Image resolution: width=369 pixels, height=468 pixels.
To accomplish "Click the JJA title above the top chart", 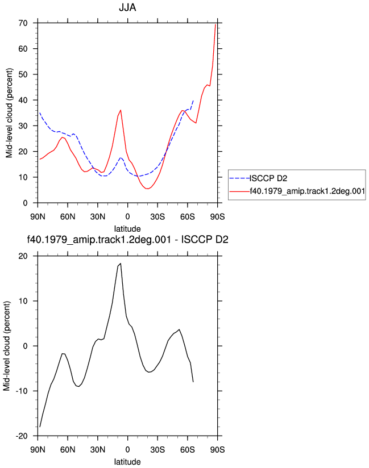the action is [x=127, y=7].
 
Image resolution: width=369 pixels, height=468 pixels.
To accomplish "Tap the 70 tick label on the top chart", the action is [x=23, y=23].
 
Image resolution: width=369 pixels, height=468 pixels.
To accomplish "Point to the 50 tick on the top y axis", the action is [x=23, y=74].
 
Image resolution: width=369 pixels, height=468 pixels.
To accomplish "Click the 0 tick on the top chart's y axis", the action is [x=26, y=203].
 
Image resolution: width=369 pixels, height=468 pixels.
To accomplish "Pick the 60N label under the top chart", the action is [x=68, y=217].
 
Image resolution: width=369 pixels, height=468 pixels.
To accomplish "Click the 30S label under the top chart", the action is [x=157, y=217].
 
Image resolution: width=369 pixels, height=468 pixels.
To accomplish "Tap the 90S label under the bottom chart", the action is [x=217, y=450].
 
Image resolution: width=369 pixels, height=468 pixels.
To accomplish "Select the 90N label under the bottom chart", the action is [x=38, y=450].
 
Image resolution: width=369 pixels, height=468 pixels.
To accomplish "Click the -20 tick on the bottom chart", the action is [x=22, y=436].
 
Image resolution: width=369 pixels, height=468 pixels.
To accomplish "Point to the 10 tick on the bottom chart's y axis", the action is [x=23, y=301].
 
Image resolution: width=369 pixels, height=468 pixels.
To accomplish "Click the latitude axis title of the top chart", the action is [x=127, y=229].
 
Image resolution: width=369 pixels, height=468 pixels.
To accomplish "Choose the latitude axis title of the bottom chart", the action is [x=127, y=462].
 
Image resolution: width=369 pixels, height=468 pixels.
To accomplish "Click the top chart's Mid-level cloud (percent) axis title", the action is [x=9, y=113].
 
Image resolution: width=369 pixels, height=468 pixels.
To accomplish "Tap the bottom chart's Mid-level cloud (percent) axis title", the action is [x=7, y=346].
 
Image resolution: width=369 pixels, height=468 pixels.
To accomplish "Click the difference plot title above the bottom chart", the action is [x=127, y=239].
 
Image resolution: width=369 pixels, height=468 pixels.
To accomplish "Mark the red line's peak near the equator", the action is [x=121, y=110].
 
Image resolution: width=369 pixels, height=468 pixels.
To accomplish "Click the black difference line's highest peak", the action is [x=121, y=264].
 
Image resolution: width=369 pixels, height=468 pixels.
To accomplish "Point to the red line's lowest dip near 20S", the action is [x=147, y=189].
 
